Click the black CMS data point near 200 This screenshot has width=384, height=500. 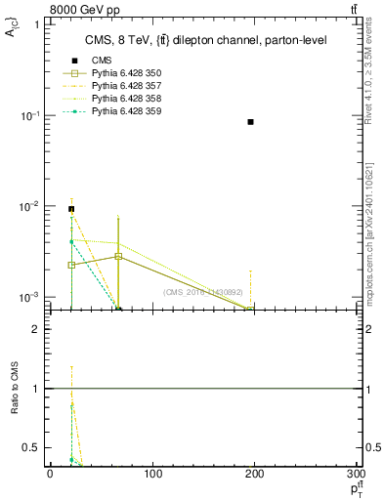[251, 122]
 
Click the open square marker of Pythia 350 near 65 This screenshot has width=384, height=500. [118, 256]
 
